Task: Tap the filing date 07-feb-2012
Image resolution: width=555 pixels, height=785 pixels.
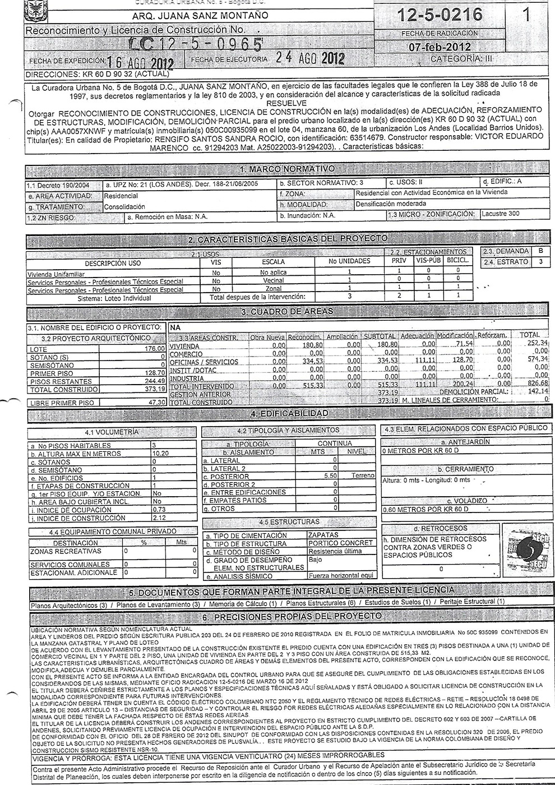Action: coord(440,47)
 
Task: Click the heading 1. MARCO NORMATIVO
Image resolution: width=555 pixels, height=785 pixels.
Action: coord(287,169)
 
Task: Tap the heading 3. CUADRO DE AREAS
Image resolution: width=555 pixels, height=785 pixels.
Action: coord(287,311)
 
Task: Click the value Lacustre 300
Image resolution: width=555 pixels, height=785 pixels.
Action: coord(502,214)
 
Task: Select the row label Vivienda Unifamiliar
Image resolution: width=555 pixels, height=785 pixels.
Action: coord(56,274)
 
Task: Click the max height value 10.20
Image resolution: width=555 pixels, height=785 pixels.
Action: coord(161,454)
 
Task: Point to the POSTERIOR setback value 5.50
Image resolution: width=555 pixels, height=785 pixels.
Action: coord(330,476)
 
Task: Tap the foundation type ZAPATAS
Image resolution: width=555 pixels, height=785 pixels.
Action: coord(323,535)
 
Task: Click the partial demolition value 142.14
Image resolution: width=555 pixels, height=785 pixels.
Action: coord(536,391)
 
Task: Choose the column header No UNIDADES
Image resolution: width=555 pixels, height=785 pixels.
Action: coord(349,262)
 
